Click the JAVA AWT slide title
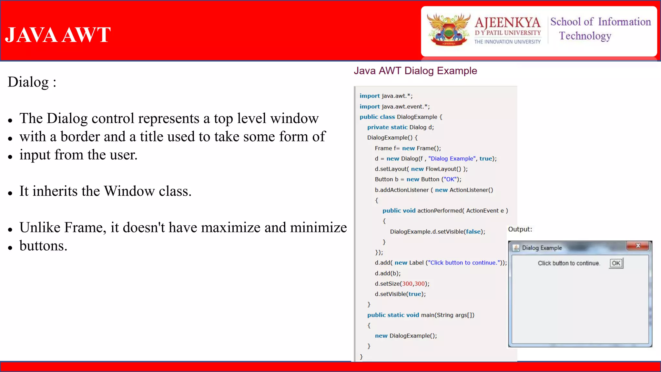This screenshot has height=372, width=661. point(58,35)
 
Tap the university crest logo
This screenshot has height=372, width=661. point(448,30)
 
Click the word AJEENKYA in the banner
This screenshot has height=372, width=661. point(507,23)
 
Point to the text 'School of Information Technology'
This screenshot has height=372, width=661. point(600,29)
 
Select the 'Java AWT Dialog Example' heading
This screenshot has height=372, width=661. point(415,71)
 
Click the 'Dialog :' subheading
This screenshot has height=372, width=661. point(32,82)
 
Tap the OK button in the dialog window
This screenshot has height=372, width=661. point(616,263)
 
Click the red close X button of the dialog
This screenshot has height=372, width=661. point(638,246)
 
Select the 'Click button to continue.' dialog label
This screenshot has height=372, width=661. point(569,263)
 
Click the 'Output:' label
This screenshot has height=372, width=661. point(520,229)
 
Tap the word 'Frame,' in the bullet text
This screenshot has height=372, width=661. point(85,228)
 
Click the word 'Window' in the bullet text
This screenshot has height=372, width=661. point(129,191)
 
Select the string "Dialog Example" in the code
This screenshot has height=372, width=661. point(452,159)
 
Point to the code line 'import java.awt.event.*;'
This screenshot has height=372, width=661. point(394,107)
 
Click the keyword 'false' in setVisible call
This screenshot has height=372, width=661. point(473,232)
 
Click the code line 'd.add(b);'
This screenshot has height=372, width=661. point(388,273)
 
